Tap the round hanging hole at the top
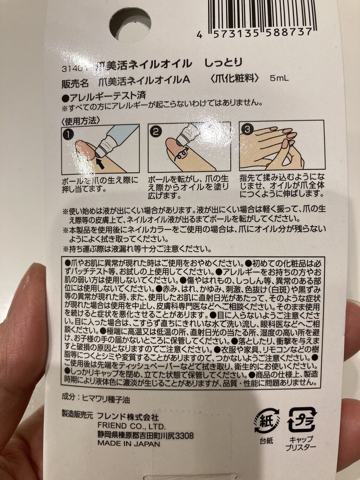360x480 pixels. pyautogui.click(x=130, y=25)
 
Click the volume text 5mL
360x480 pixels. pyautogui.click(x=279, y=78)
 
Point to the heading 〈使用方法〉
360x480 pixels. pyautogui.click(x=80, y=121)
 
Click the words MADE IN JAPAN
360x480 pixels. pyautogui.click(x=129, y=443)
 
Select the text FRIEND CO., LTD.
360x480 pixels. pyautogui.click(x=131, y=426)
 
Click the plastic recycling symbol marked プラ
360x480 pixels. pyautogui.click(x=301, y=420)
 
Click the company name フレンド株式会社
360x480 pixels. pyautogui.click(x=128, y=417)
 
